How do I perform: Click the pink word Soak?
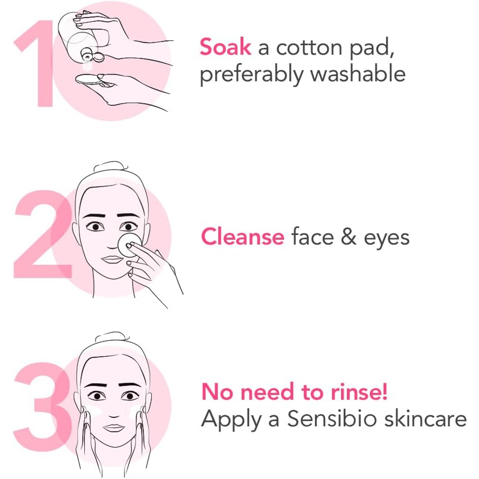click(x=225, y=48)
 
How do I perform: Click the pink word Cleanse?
click(x=242, y=237)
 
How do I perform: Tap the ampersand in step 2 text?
click(x=348, y=237)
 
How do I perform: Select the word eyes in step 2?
click(x=386, y=239)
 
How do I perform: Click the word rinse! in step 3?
click(x=359, y=392)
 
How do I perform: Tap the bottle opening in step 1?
click(x=87, y=57)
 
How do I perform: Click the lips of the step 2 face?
click(x=113, y=259)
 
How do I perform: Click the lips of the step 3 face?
click(x=114, y=428)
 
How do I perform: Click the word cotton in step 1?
click(x=307, y=48)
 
